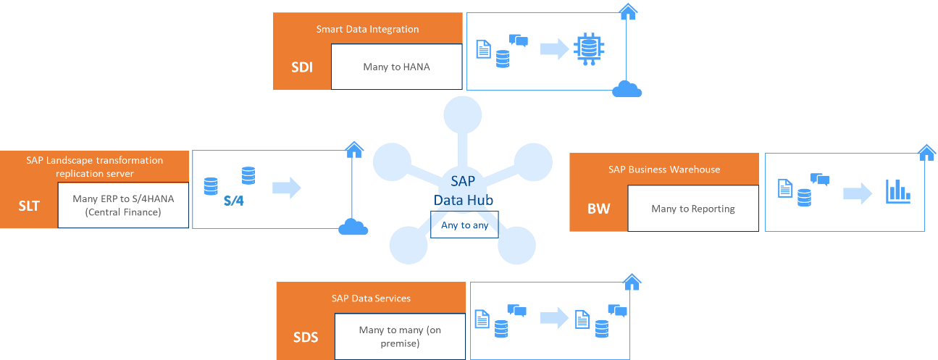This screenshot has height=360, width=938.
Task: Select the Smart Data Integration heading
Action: pos(367,30)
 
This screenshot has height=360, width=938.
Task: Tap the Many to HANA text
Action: pos(396,67)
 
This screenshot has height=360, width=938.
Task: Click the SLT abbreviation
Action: pos(28,206)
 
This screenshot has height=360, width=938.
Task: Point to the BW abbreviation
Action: pos(598,209)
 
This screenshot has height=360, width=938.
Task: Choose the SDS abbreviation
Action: pos(305,338)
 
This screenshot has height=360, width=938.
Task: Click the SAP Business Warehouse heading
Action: pos(664,169)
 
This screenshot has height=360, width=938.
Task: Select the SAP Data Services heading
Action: pos(371,298)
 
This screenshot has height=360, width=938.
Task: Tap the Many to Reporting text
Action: pos(692,209)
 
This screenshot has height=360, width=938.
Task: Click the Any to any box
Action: pos(464,225)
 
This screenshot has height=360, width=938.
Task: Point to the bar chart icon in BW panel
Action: pos(898,191)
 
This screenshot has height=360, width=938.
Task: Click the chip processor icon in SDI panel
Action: pos(589,49)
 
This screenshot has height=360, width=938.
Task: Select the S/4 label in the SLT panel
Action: pos(234,200)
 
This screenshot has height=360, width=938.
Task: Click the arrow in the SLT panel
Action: pos(286,188)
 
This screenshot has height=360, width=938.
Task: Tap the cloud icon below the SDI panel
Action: pos(627,89)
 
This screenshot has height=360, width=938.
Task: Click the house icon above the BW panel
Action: pos(926,152)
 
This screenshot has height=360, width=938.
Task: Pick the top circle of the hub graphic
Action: pos(462,114)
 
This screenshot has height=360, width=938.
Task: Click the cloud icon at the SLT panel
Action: pos(353,227)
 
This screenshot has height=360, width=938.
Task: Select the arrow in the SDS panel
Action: pos(554,317)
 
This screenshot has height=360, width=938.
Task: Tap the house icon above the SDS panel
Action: pos(632,281)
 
